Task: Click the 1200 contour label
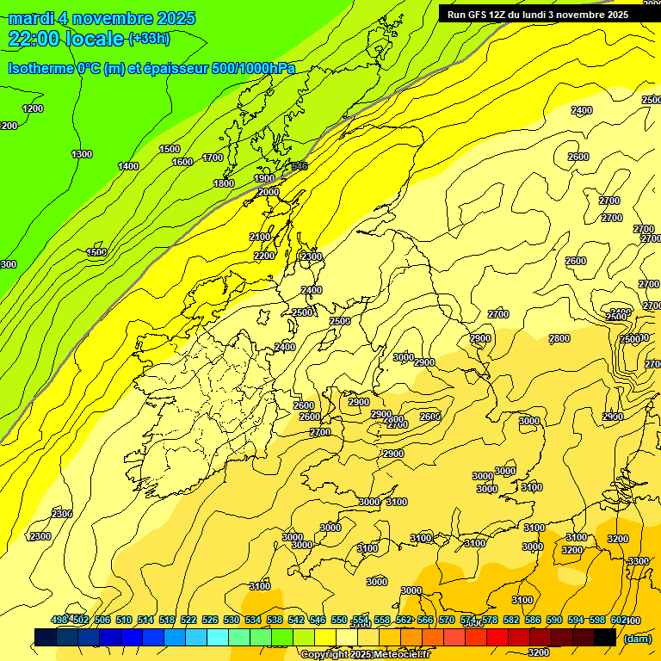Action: tap(33, 108)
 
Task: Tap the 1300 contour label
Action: tap(82, 154)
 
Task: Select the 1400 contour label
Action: tap(128, 166)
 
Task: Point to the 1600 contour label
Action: tap(182, 162)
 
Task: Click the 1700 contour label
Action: tap(213, 158)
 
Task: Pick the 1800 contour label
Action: tap(224, 183)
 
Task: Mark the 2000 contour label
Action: tap(269, 192)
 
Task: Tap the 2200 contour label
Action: tap(264, 256)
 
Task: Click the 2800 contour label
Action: tap(559, 338)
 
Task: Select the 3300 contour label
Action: tap(638, 560)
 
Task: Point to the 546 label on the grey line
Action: tap(299, 166)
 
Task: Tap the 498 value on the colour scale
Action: tap(59, 620)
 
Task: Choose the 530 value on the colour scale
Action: tap(232, 620)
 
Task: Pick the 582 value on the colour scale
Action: tap(511, 620)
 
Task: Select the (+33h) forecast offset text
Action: tap(149, 38)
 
